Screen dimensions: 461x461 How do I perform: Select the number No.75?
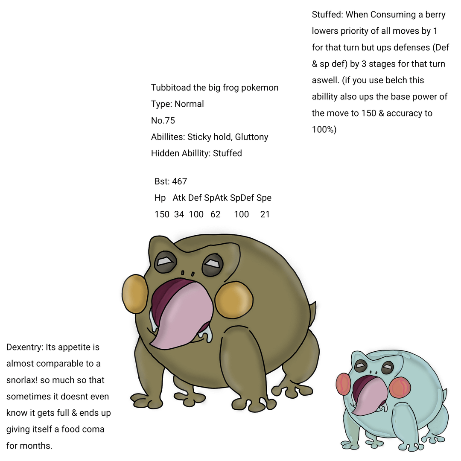tap(163, 120)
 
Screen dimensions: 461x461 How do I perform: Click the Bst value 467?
tap(179, 181)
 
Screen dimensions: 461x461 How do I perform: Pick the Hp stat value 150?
tap(162, 214)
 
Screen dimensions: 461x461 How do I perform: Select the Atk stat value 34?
tap(179, 214)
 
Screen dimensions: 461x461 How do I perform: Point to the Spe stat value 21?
tap(265, 214)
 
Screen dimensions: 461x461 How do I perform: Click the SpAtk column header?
tap(216, 198)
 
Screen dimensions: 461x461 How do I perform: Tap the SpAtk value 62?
tap(216, 214)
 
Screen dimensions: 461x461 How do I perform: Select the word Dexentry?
tap(25, 347)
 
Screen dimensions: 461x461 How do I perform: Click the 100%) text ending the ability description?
tap(324, 129)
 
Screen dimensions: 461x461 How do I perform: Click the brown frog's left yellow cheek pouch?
tap(134, 293)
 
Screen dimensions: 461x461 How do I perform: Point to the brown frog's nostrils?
tap(188, 273)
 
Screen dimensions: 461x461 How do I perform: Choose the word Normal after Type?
tap(189, 104)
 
